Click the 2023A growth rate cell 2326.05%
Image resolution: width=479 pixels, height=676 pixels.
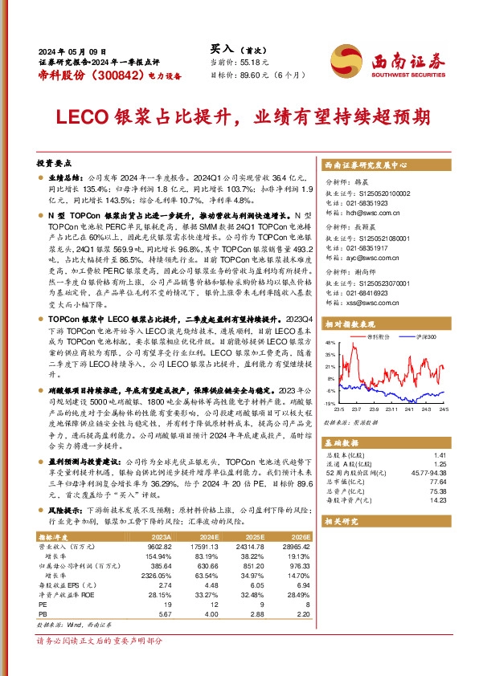click(158, 576)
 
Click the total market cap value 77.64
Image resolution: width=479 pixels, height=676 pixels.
click(438, 480)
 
